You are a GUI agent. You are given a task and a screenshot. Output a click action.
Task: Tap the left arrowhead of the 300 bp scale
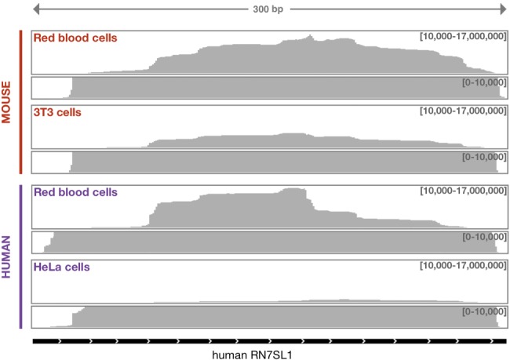coord(37,10)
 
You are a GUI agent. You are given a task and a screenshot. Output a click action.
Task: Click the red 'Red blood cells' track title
coord(75,38)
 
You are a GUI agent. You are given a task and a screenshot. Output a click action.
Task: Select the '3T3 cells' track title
coord(57,112)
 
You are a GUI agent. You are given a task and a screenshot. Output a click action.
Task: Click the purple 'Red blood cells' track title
coord(75,191)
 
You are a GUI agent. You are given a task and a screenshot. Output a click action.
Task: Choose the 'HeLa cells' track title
coord(61,267)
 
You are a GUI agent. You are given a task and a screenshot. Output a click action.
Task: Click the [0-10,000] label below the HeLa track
coord(481,311)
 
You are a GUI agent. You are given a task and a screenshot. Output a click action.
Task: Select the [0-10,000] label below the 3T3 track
coord(481,157)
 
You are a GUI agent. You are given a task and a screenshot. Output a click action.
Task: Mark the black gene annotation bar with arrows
coord(267,341)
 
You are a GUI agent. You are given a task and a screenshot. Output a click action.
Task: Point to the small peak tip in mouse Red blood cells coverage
coord(311,35)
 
